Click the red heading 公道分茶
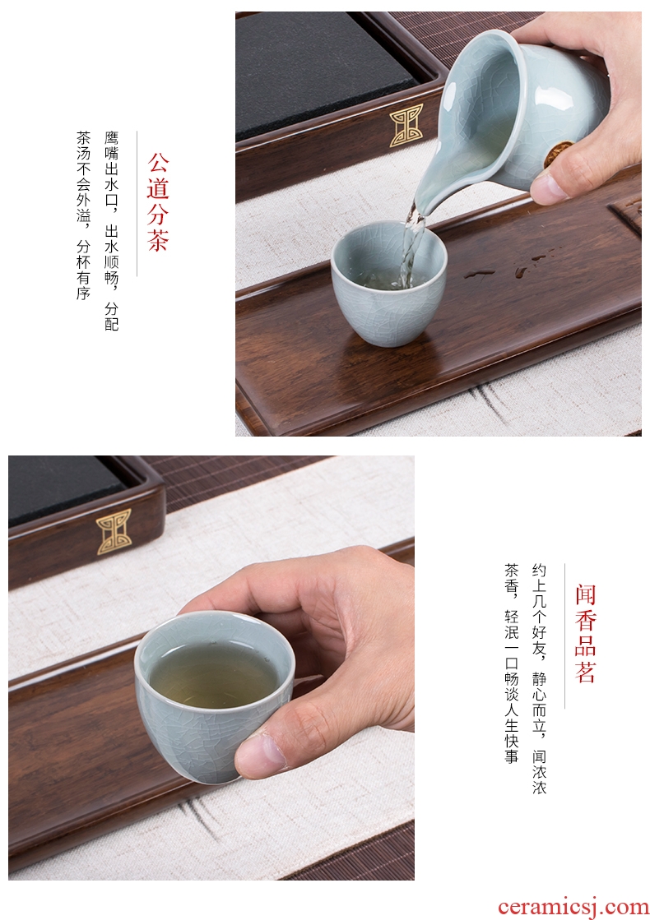pos(157,201)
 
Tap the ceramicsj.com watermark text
pos(573,907)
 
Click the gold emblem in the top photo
pos(406,124)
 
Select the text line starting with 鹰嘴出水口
pos(112,231)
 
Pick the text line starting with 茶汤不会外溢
pos(83,215)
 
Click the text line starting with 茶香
pos(511,663)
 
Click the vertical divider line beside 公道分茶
pos(137,203)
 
